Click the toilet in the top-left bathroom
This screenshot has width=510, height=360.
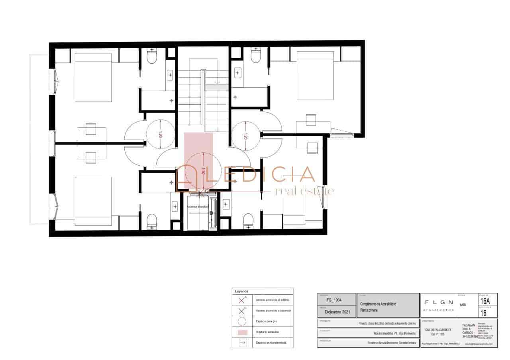pyautogui.click(x=152, y=57)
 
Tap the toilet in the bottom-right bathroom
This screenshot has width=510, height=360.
pyautogui.click(x=248, y=221)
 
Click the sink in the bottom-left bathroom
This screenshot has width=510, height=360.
pyautogui.click(x=175, y=206)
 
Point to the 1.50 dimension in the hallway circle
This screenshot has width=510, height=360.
pyautogui.click(x=203, y=171)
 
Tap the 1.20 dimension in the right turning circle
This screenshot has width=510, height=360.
pyautogui.click(x=245, y=136)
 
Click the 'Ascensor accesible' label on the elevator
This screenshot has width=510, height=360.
pyautogui.click(x=198, y=207)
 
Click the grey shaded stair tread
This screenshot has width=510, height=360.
pyautogui.click(x=217, y=87)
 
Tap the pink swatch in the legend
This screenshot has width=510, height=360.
pyautogui.click(x=242, y=332)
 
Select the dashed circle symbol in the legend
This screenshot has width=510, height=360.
pyautogui.click(x=242, y=321)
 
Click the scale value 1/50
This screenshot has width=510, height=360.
pyautogui.click(x=463, y=305)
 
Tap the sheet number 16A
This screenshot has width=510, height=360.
pyautogui.click(x=485, y=301)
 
